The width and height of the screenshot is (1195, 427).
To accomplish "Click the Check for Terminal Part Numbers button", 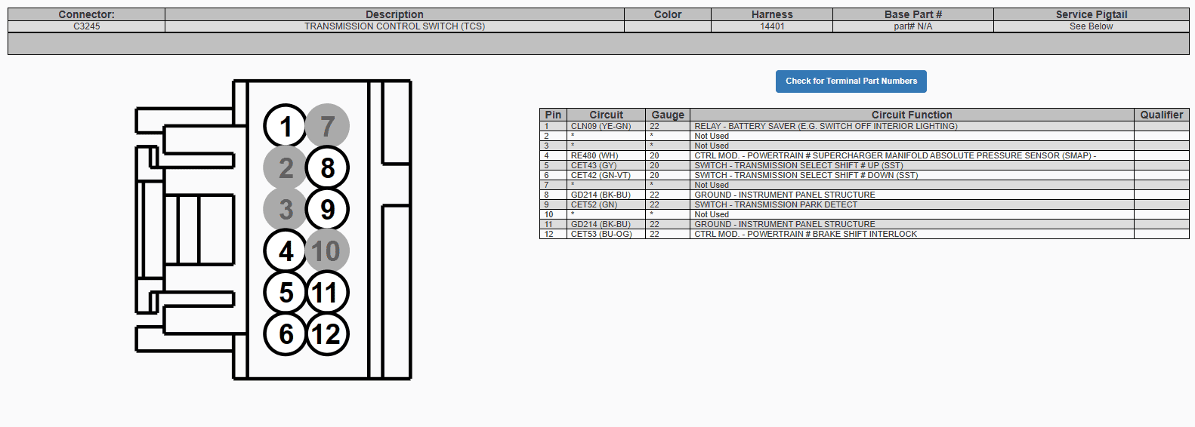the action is coord(851,81).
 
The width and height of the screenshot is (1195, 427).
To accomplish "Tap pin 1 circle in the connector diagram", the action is coord(286,126).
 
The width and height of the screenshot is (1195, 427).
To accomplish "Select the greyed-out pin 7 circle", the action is coord(327,126).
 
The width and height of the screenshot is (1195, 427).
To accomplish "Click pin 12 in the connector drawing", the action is coord(327,334).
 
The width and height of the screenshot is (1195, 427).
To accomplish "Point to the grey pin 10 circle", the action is coord(327,250).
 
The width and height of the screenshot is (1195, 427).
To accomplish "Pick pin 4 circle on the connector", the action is coord(286,250).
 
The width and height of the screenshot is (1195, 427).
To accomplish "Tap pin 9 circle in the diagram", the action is coord(327,209).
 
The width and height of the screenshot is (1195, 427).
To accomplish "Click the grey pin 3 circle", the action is coord(286,209).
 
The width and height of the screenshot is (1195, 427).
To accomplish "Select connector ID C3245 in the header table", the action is coord(86,26).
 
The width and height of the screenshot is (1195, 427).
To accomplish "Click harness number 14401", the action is coord(772,26).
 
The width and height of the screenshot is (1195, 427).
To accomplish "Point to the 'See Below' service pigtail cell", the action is coord(1091,26).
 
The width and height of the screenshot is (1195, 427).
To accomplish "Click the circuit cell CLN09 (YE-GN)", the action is coord(601,126).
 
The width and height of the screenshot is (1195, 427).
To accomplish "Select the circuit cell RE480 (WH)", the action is coord(594,155).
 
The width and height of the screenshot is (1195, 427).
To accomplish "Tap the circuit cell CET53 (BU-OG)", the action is coord(601,234).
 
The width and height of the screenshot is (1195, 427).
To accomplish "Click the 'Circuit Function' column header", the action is coord(912,115).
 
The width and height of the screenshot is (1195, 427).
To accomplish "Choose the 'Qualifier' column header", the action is coord(1162,115).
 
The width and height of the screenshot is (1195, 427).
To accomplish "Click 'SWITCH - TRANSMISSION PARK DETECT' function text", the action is coord(776,204).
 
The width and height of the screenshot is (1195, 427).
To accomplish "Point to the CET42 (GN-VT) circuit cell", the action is coord(601,175).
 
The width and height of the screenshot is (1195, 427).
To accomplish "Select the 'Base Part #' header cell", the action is coord(912,14).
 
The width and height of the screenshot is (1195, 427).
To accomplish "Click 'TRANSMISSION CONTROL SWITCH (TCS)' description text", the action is coord(394,26).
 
